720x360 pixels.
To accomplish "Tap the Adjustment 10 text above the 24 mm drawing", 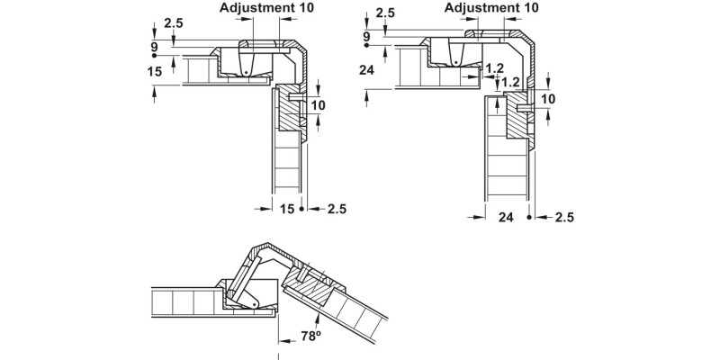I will [x=492, y=7].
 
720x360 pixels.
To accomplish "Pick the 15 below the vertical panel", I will [x=286, y=209].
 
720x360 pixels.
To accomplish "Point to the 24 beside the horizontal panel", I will [x=366, y=70].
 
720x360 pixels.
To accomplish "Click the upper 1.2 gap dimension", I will [x=494, y=67].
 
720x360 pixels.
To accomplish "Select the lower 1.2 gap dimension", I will [x=510, y=82].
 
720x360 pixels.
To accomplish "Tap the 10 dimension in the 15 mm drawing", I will [x=318, y=105].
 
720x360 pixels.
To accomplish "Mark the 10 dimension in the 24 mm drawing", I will [x=549, y=98].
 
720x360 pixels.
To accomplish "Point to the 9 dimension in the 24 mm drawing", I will [x=366, y=37].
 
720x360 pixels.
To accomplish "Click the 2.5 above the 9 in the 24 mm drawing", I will [x=385, y=13].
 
